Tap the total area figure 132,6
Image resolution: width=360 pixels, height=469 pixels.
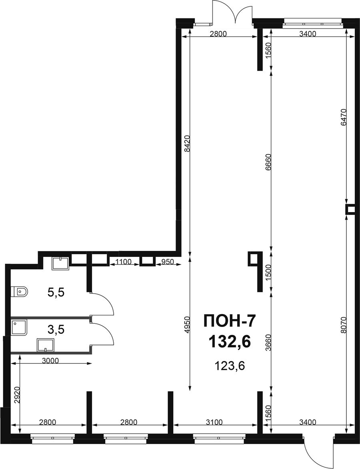(229, 341)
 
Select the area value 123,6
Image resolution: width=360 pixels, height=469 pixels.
(230, 365)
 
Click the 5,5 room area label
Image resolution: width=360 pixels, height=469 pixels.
(56, 292)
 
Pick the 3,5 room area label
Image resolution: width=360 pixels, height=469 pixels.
(56, 330)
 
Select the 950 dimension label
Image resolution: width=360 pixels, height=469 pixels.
(168, 262)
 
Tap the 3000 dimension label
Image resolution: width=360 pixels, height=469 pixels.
(50, 360)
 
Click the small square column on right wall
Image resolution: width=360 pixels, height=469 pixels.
(350, 209)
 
